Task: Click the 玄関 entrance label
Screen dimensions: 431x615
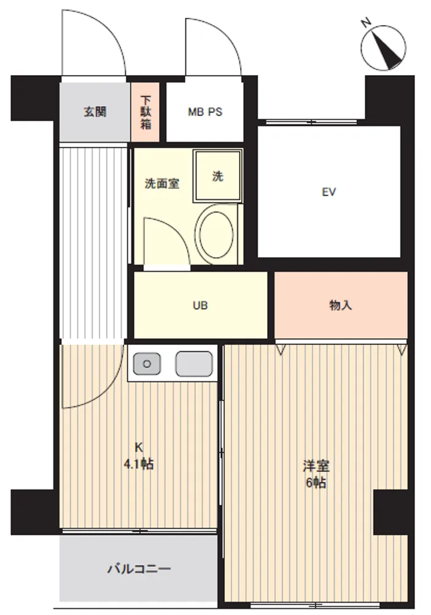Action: coord(95,112)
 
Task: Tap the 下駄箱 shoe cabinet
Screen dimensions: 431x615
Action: coord(145,112)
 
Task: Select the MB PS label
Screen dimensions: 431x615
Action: coord(204,112)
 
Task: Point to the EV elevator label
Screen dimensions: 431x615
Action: coord(329,192)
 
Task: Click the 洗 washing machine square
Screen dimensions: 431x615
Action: coord(218,176)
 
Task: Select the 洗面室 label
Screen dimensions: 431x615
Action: coord(162,183)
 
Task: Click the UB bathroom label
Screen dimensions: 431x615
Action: coord(200,305)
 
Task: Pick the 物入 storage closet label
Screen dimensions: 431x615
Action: coord(341,305)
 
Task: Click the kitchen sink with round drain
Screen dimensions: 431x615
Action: coord(147,363)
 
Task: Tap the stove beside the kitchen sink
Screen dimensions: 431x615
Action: coord(194,363)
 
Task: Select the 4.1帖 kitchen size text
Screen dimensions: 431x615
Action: coord(139,464)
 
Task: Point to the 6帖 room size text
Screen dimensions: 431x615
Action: coord(316,482)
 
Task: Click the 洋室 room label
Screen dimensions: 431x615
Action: coord(316,466)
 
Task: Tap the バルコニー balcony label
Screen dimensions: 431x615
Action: coord(139,568)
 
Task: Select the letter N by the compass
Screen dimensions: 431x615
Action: coord(366,23)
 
